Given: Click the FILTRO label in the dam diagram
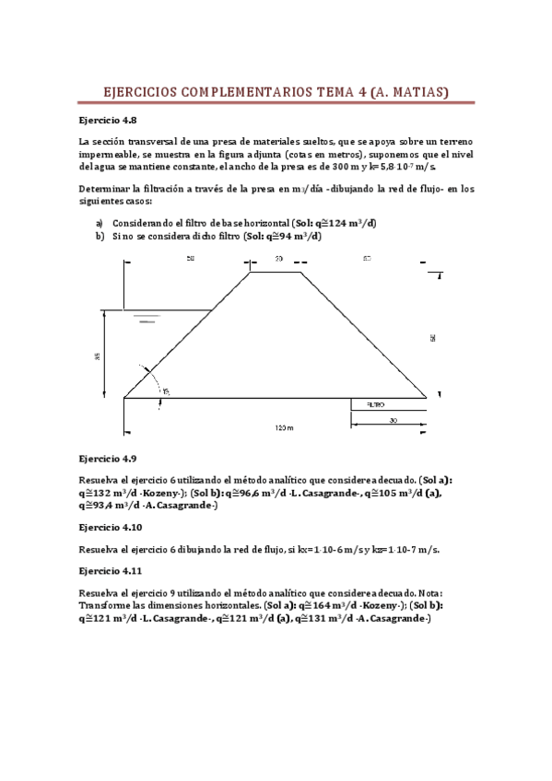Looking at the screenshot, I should point(375,404).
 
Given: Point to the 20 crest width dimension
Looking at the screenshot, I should point(277,260).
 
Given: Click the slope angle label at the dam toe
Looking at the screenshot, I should point(166,392).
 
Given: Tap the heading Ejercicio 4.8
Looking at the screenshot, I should point(109,120).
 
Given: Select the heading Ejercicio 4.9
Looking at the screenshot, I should point(109,458).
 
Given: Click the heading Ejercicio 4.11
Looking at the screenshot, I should point(112,571).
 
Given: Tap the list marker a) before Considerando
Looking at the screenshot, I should point(100,224).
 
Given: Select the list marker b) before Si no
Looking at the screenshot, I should point(100,237).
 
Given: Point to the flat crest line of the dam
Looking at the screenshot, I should point(277,272).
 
